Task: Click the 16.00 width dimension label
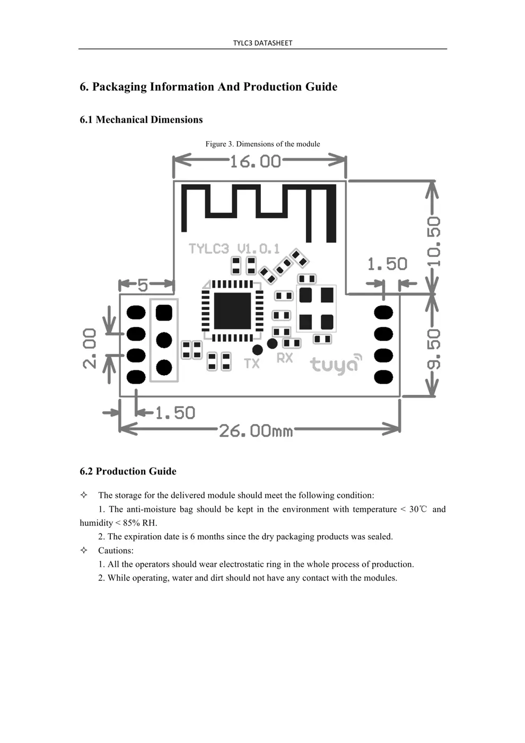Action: pyautogui.click(x=255, y=161)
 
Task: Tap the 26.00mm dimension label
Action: pyautogui.click(x=256, y=430)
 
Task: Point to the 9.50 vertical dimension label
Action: pyautogui.click(x=434, y=349)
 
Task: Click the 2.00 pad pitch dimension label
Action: pyautogui.click(x=90, y=348)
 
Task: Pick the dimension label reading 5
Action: pyautogui.click(x=143, y=286)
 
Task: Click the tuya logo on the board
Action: pyautogui.click(x=336, y=364)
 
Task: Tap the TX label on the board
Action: pyautogui.click(x=252, y=364)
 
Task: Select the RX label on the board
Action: pyautogui.click(x=285, y=358)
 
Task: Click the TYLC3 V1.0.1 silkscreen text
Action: pyautogui.click(x=234, y=248)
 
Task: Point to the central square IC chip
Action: pyautogui.click(x=232, y=310)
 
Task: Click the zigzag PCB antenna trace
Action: pyautogui.click(x=259, y=210)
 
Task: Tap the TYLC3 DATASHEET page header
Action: pyautogui.click(x=262, y=43)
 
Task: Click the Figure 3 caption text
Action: pyautogui.click(x=262, y=144)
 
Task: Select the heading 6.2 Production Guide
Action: pyautogui.click(x=128, y=471)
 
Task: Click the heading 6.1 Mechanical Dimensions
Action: pyautogui.click(x=141, y=119)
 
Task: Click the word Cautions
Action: pyautogui.click(x=116, y=550)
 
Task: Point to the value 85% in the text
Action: pyautogui.click(x=131, y=523)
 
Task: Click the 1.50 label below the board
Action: pyautogui.click(x=175, y=412)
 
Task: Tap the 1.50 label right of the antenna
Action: pyautogui.click(x=387, y=264)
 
